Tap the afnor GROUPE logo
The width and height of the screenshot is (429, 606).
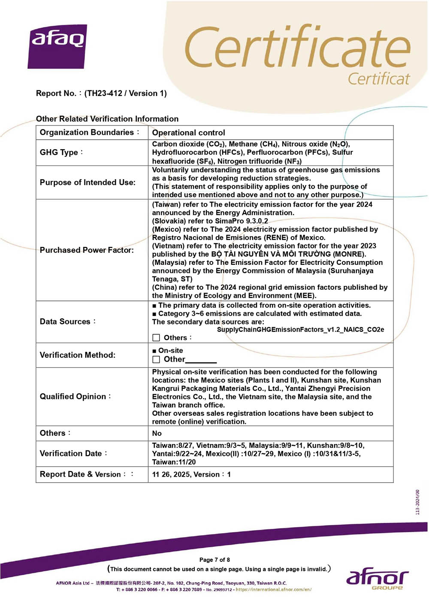377,579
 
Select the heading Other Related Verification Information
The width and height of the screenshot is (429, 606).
107,119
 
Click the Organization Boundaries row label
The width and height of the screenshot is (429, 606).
87,132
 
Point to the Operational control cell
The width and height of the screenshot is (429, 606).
188,133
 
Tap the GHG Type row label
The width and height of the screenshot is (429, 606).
59,153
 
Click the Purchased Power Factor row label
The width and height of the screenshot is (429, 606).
87,250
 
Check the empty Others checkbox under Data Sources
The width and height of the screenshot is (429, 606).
156,338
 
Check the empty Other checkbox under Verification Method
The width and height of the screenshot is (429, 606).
156,359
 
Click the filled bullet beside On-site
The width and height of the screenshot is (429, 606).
154,351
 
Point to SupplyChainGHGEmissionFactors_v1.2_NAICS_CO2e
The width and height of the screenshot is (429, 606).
300,330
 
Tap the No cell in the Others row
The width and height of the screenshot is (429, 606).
157,433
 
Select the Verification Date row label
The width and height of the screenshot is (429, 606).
71,453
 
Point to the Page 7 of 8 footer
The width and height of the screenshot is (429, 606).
214,560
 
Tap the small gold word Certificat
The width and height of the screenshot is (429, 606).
378,79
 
